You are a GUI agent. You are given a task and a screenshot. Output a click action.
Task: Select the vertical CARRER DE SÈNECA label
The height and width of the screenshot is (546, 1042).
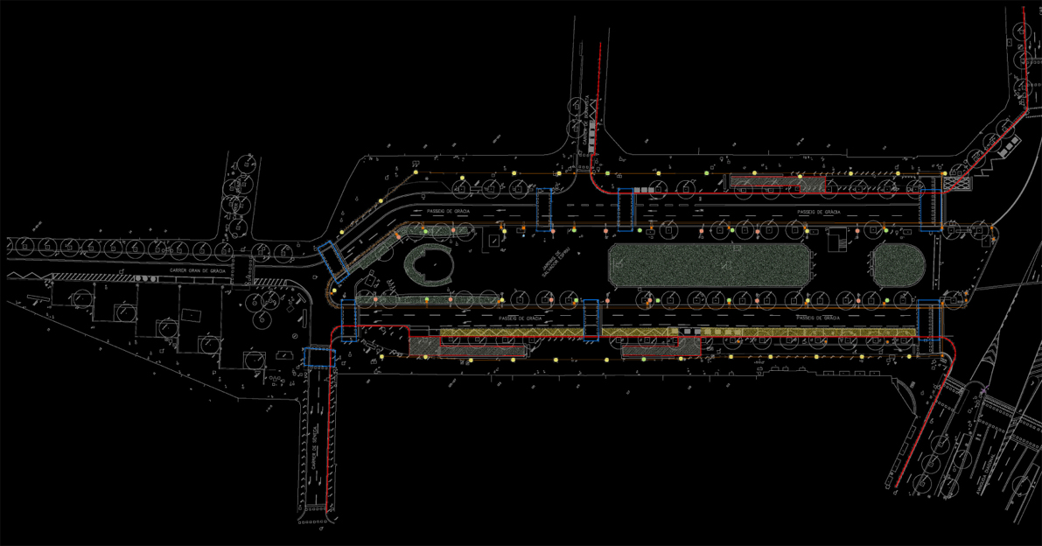coord(313,446)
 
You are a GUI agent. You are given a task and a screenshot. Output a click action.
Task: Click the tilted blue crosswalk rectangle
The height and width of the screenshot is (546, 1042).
coord(333,260)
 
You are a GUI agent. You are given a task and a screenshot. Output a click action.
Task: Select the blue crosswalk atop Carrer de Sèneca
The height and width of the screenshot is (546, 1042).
coord(318,356)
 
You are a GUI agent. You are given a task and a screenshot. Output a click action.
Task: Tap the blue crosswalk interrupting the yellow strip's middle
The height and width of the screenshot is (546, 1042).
coord(591,319)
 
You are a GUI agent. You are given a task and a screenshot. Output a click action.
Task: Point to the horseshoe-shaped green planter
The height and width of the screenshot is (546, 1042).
coord(427,264)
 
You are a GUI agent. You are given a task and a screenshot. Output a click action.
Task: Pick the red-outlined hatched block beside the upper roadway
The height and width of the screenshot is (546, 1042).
coord(768,182)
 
